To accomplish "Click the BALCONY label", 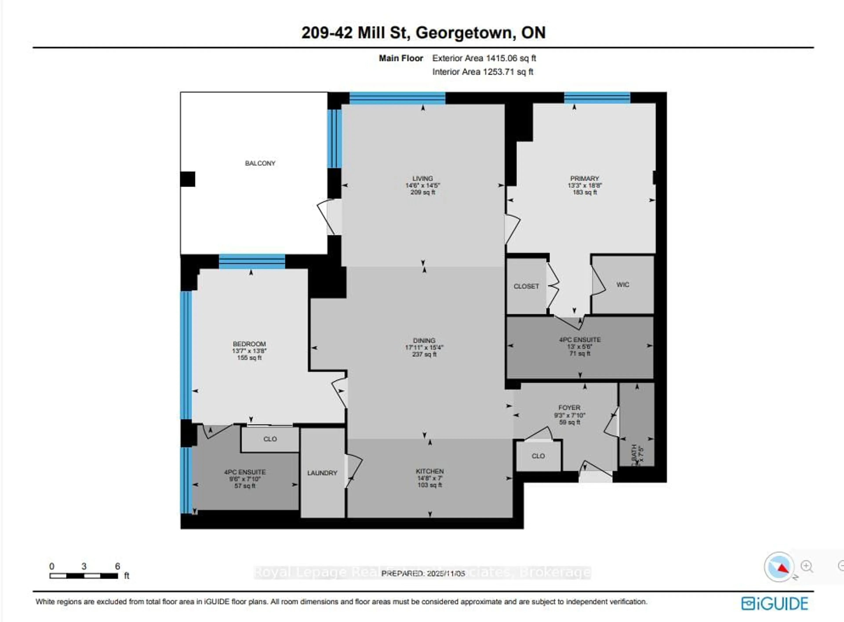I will tap(260, 163).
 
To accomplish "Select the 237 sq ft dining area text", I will tap(424, 354).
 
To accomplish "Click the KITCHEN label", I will tap(430, 471).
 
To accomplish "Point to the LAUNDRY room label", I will tap(322, 473).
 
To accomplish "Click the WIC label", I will tap(622, 285).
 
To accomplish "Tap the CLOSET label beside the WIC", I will tap(526, 286).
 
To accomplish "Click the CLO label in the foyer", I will tap(538, 456).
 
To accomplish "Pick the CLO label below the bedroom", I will tap(270, 439).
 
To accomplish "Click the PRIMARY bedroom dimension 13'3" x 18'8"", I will tap(584, 185).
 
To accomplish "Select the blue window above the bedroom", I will tap(252, 261).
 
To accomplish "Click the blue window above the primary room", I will tap(597, 98).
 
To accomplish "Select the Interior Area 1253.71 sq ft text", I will tap(482, 71).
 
